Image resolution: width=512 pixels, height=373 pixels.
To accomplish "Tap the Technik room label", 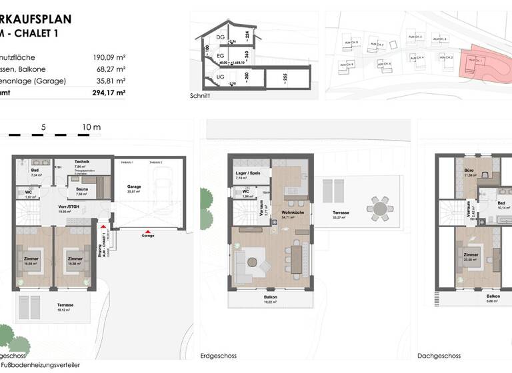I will [82, 162].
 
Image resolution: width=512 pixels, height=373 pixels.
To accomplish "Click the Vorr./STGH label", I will [69, 208].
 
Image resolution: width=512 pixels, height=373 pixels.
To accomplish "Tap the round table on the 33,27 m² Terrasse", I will [381, 208].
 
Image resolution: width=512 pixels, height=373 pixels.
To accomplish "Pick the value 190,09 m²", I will [109, 57].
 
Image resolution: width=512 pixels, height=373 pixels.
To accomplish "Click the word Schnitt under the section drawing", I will [200, 96].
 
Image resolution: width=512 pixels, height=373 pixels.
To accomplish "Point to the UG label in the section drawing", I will [219, 78].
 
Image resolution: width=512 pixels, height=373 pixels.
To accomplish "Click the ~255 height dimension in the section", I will [285, 77].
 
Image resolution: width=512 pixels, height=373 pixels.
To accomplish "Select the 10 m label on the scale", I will [91, 127].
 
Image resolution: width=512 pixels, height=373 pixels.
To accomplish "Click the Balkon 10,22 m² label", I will [270, 299].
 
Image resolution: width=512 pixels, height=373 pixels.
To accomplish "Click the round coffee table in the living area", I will [251, 261].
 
